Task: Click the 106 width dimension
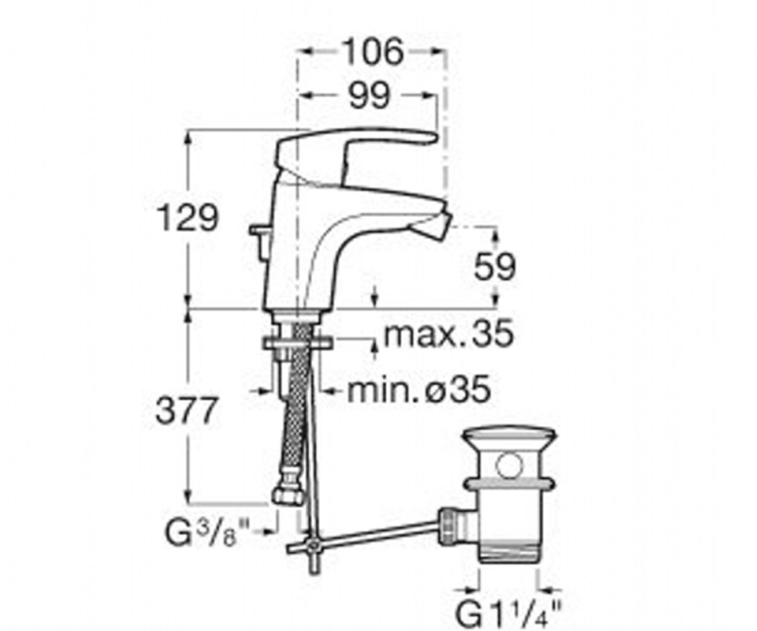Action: click(373, 52)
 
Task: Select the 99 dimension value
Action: click(370, 96)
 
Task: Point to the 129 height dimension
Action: click(188, 218)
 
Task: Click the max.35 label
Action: click(449, 334)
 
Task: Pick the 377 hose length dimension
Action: click(186, 411)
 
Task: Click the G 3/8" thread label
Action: click(206, 533)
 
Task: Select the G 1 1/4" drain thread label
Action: click(509, 606)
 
